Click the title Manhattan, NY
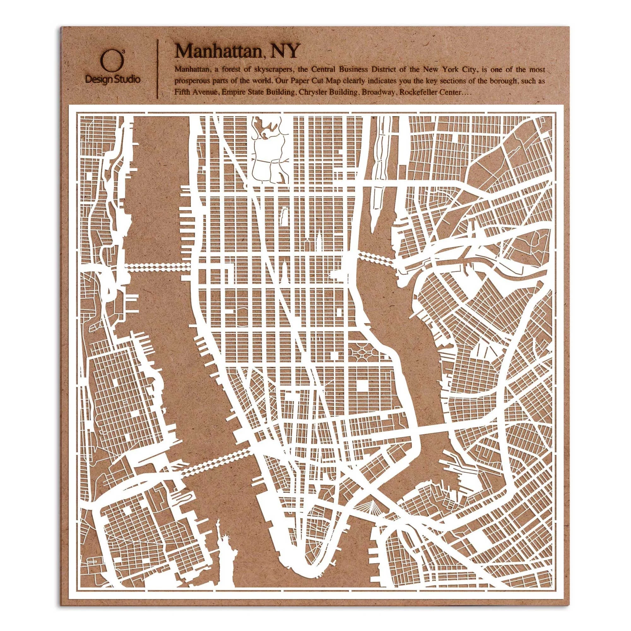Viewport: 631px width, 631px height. point(237,52)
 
